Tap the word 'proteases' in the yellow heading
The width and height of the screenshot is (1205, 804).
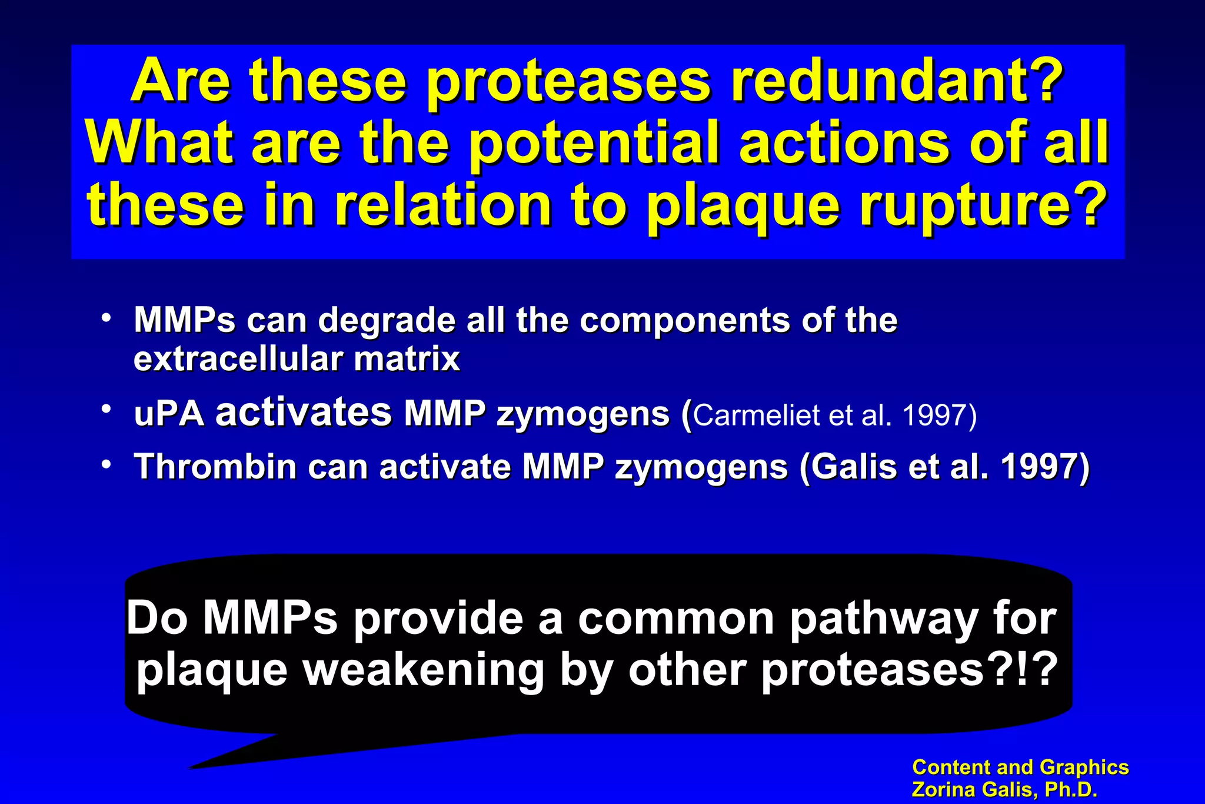click(568, 82)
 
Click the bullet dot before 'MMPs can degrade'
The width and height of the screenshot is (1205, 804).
click(106, 318)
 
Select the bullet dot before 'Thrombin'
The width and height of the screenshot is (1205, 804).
click(106, 464)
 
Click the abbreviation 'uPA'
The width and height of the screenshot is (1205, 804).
click(169, 414)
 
